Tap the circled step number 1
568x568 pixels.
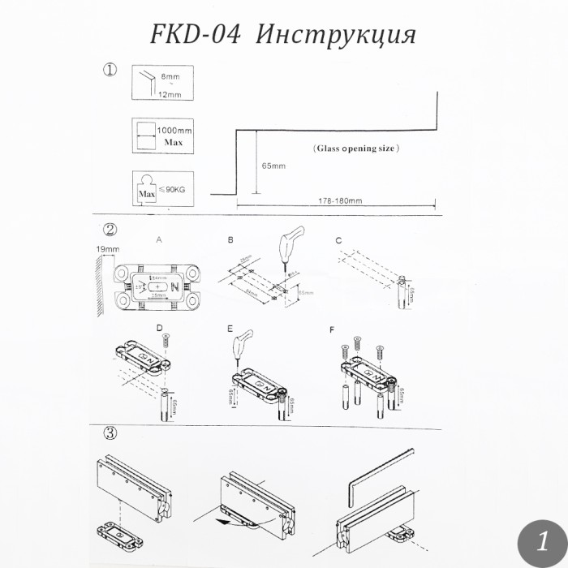click(110, 70)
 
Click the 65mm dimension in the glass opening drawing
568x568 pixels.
click(274, 166)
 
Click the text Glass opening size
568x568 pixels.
click(356, 149)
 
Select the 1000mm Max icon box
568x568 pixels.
click(162, 136)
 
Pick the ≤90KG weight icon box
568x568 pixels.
click(162, 189)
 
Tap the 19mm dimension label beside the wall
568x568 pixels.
click(107, 249)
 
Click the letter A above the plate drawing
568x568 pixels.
click(159, 240)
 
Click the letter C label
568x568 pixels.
click(338, 240)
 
